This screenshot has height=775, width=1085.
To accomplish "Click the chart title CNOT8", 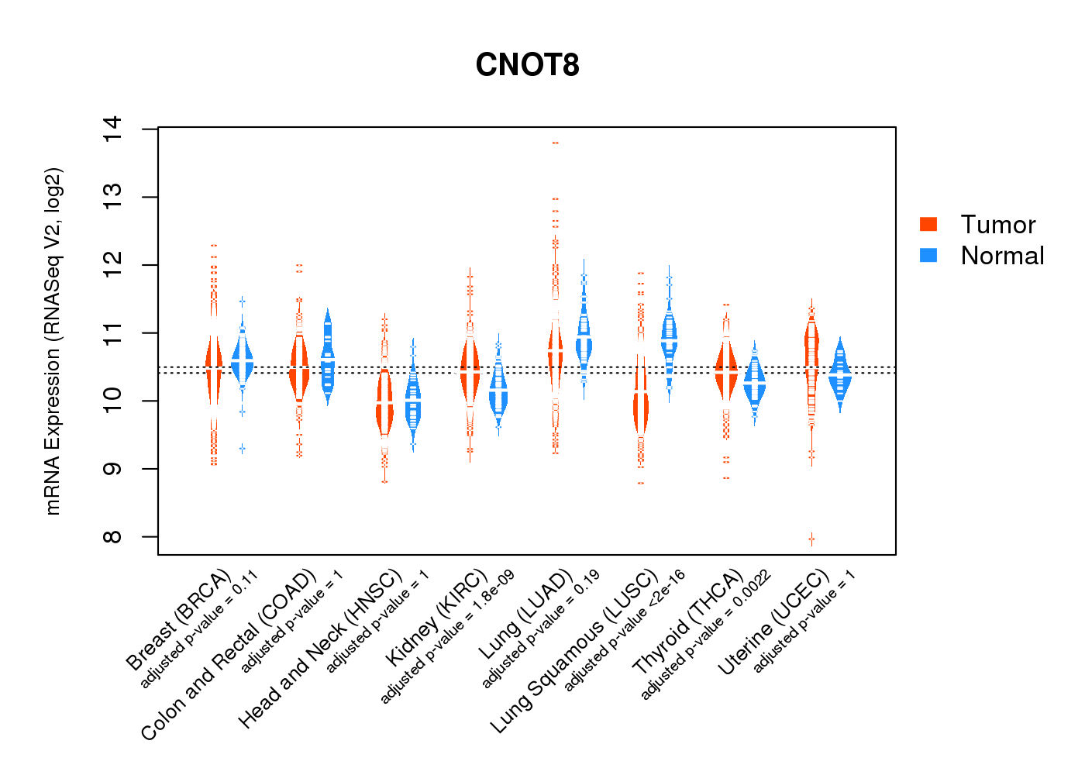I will [527, 65].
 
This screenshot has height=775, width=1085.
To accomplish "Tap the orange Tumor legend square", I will [928, 224].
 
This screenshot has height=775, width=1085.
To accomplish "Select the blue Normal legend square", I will [928, 255].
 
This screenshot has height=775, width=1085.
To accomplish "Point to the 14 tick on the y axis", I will [112, 129].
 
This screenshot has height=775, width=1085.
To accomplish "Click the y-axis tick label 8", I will [112, 536].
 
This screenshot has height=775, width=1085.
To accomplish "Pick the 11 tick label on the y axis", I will [112, 332].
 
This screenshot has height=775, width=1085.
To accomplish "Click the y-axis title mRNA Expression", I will [53, 341].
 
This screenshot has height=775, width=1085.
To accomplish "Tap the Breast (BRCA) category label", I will [178, 620].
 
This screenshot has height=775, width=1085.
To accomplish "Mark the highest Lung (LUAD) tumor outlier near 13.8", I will [555, 143].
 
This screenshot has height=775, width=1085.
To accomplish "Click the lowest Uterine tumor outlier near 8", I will [811, 538].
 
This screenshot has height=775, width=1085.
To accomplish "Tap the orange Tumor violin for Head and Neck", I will [384, 403].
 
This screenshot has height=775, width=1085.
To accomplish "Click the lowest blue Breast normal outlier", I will [242, 449].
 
